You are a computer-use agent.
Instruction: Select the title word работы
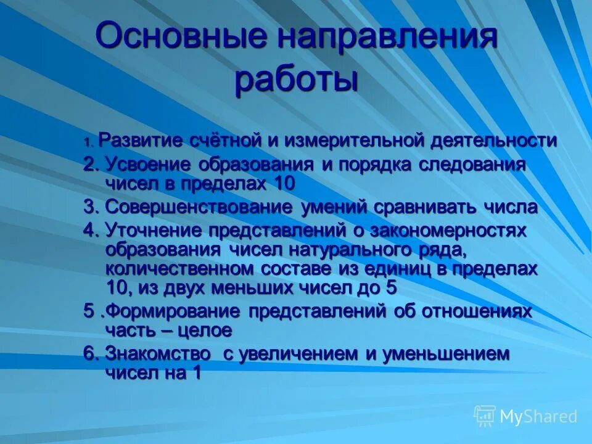tap(296, 80)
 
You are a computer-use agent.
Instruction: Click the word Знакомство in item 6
tap(157, 354)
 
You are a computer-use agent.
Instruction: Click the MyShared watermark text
tap(538, 417)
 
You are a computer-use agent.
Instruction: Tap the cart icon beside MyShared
tap(485, 416)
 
